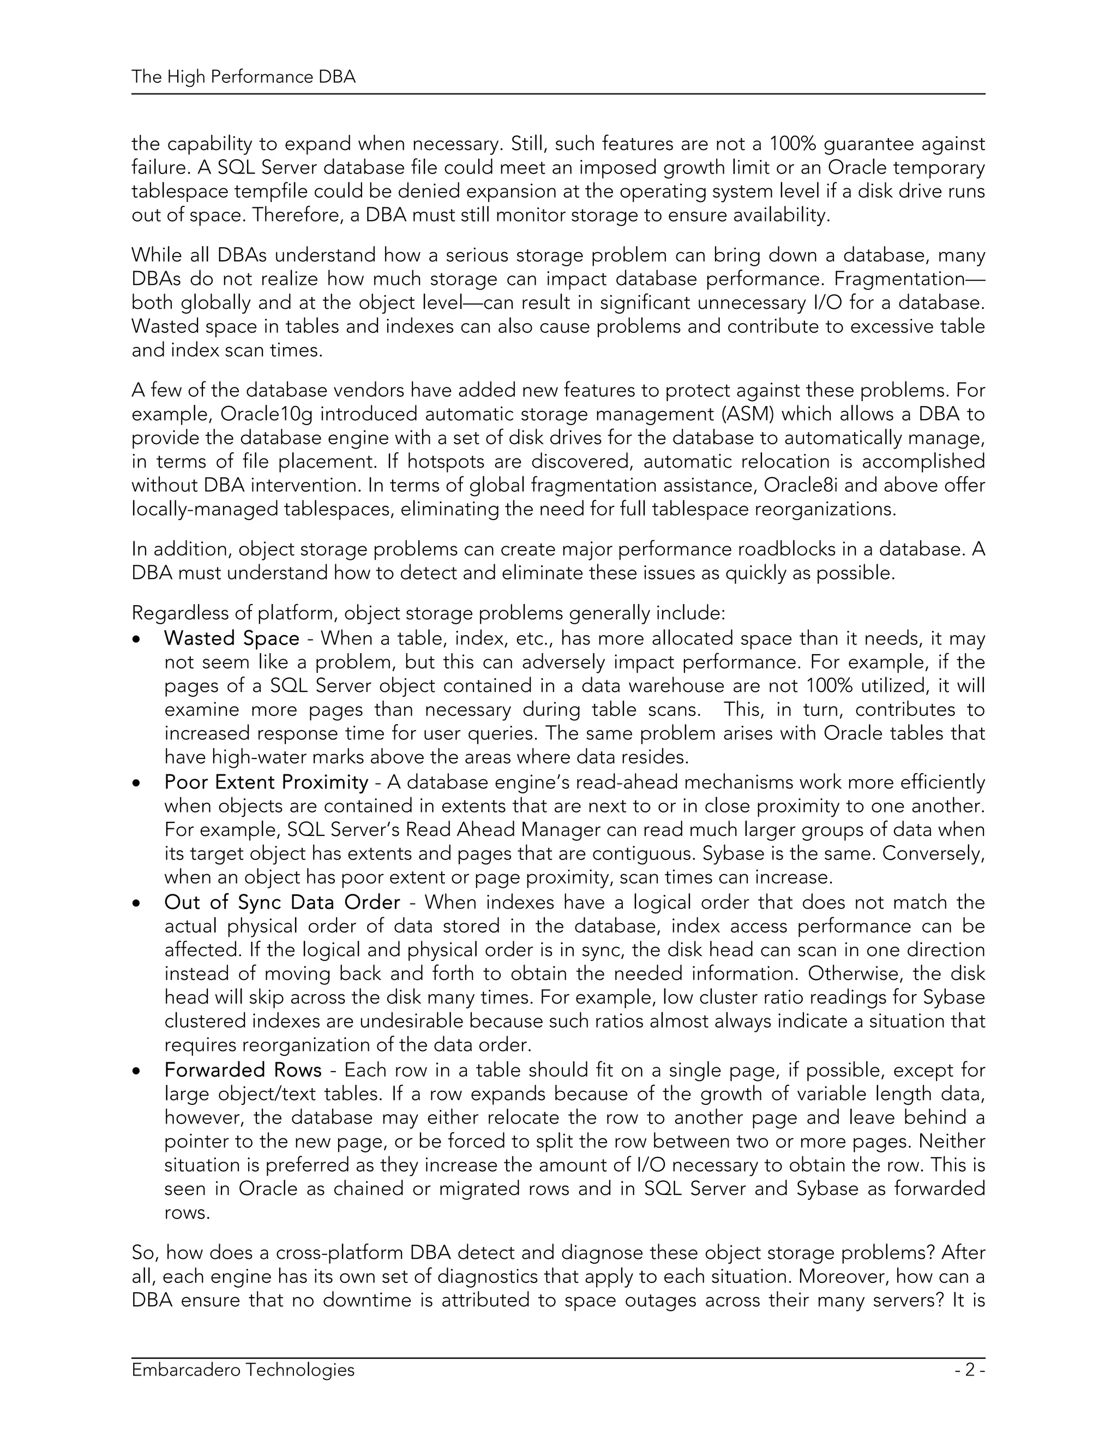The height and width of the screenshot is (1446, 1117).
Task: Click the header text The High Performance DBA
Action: (x=243, y=77)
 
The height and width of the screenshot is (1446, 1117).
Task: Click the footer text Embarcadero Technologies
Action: (x=243, y=1369)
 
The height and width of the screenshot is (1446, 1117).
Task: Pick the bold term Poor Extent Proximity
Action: (x=266, y=782)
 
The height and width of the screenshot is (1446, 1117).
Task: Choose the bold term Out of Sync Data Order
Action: (x=282, y=903)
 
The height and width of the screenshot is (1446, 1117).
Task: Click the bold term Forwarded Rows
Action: (x=243, y=1070)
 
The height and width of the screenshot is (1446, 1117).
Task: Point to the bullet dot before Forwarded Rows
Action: (x=136, y=1071)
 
